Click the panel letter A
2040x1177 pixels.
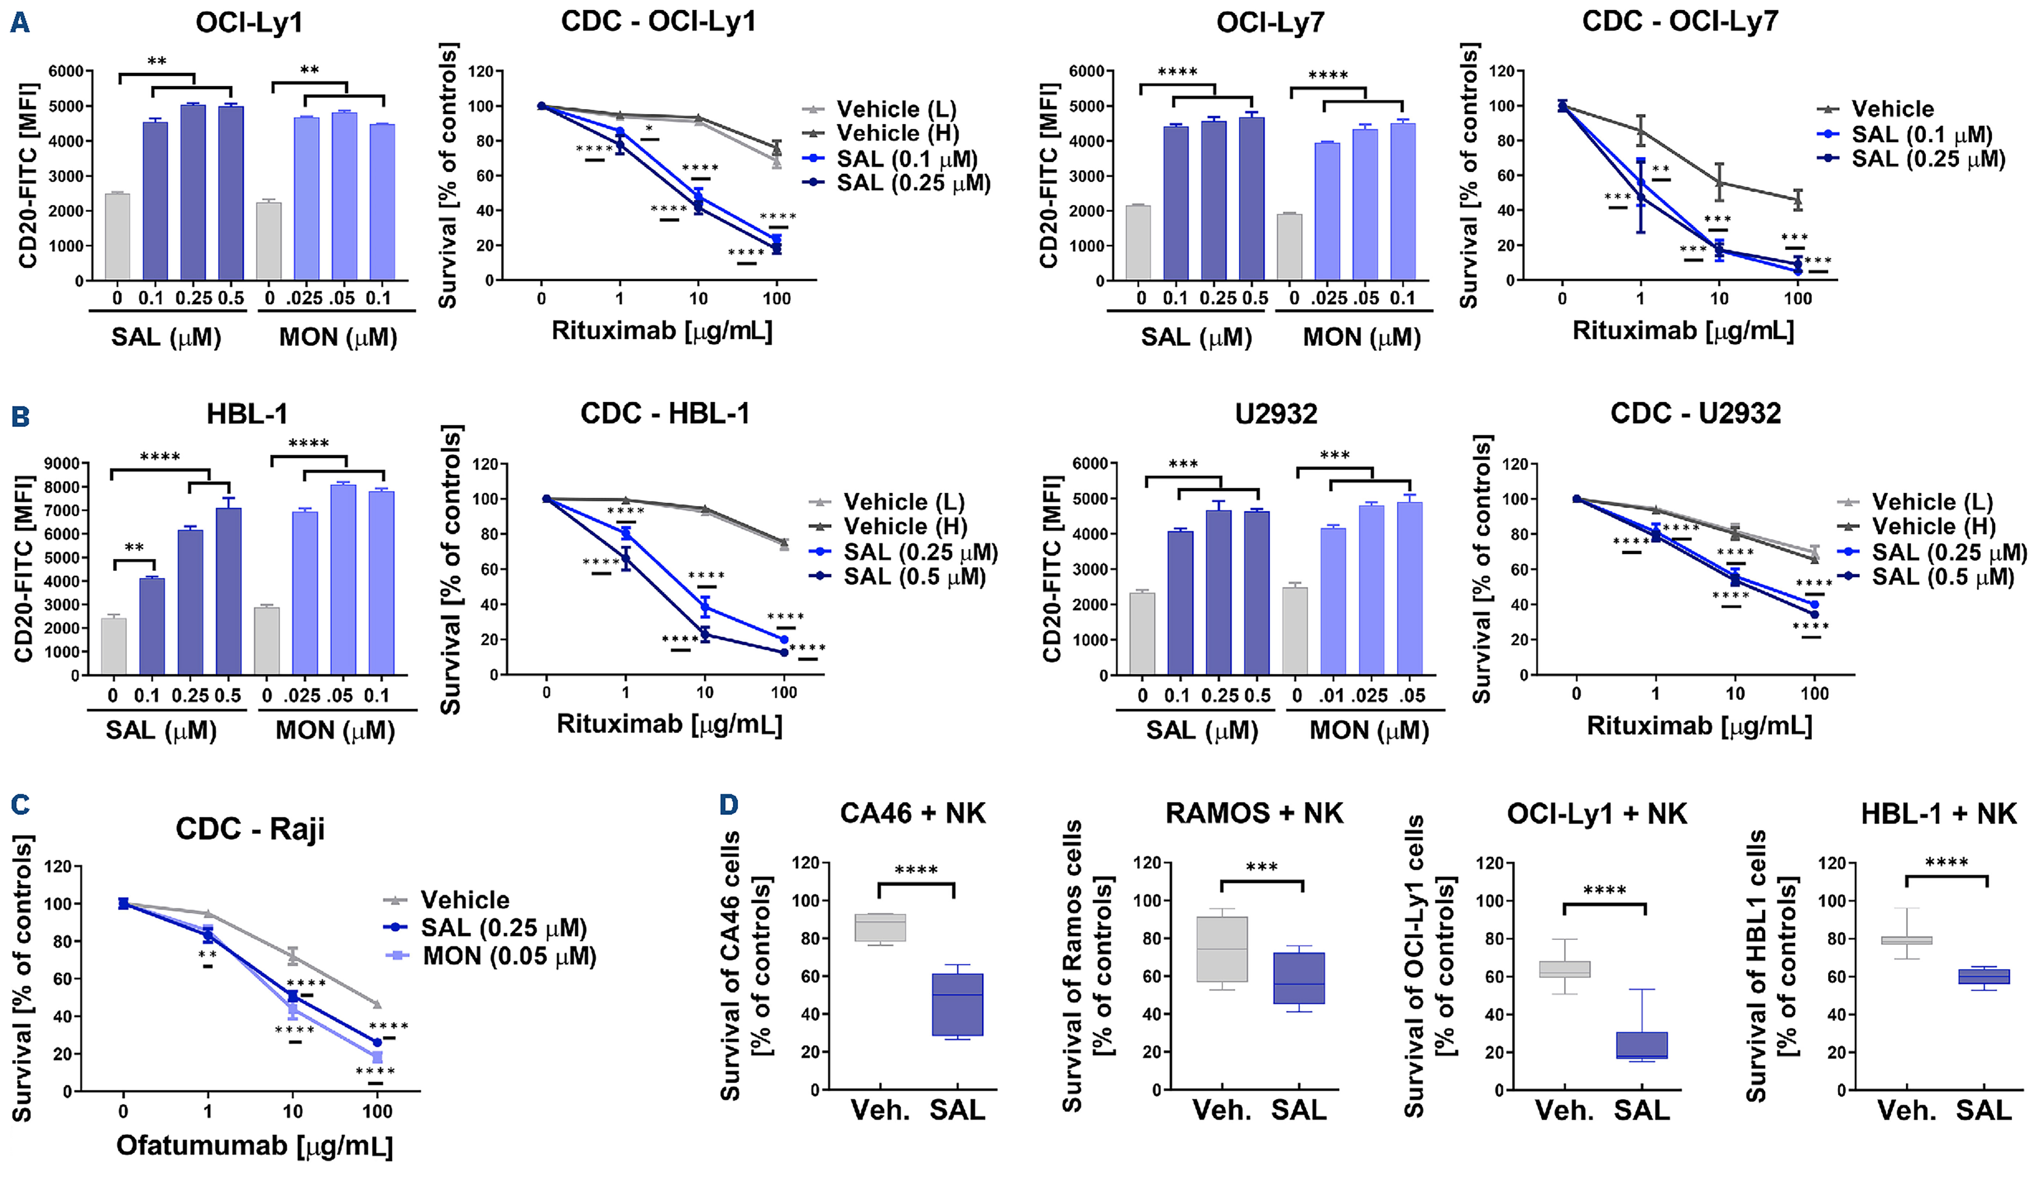point(20,22)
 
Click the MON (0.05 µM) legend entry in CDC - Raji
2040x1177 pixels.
point(509,956)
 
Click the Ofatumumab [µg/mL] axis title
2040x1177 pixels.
point(255,1146)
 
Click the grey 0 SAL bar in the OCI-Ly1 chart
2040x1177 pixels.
point(118,237)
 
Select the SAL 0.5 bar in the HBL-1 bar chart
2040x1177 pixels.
point(229,592)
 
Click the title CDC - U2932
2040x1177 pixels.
point(1695,414)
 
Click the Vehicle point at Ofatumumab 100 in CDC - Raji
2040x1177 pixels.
point(377,1005)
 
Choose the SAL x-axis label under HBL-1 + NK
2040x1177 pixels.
point(1983,1111)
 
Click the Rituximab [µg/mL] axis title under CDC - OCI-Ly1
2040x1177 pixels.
point(662,331)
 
